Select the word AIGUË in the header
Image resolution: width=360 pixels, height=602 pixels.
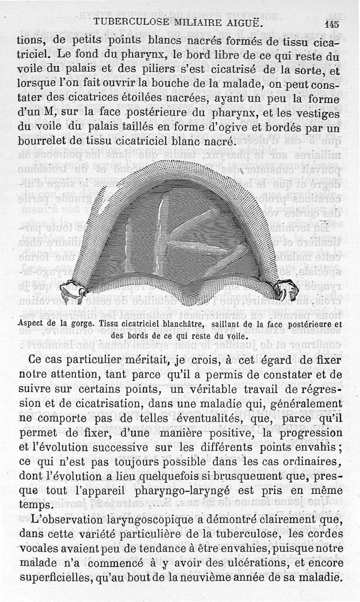pyautogui.click(x=246, y=22)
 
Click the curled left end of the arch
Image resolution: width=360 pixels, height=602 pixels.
pyautogui.click(x=72, y=290)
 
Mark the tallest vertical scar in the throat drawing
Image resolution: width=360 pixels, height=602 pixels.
pyautogui.click(x=161, y=234)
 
